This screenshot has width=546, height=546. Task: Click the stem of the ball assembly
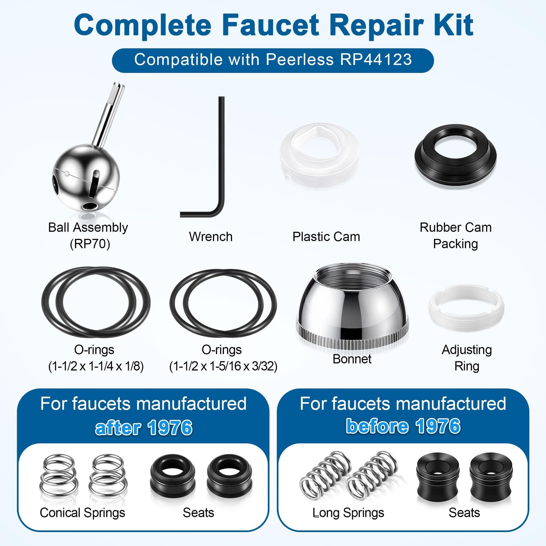(x=109, y=114)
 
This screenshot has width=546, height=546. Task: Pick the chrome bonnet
(x=352, y=307)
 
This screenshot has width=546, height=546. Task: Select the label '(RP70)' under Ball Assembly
(x=90, y=244)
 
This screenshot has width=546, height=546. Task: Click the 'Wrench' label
(x=211, y=236)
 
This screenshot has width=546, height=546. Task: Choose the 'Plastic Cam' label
(x=326, y=236)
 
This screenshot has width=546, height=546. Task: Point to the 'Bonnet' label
(x=352, y=359)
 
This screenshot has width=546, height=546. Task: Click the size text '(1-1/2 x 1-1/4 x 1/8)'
(x=96, y=367)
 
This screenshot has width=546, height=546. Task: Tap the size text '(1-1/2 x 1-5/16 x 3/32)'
(x=223, y=367)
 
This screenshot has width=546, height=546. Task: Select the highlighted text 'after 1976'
(x=144, y=428)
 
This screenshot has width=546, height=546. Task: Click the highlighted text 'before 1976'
(x=403, y=426)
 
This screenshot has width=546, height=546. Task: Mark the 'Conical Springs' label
(x=82, y=513)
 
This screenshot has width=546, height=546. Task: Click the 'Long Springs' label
(x=348, y=513)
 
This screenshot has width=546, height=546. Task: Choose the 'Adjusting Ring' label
(x=467, y=358)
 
